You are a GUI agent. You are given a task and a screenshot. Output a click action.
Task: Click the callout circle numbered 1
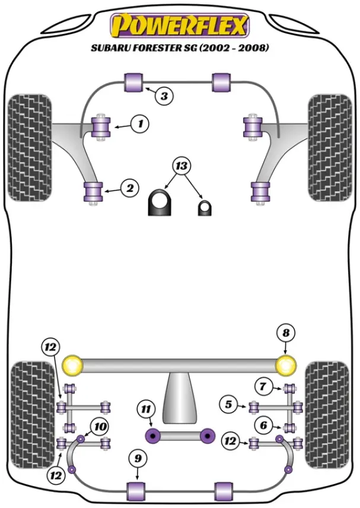(x=141, y=124)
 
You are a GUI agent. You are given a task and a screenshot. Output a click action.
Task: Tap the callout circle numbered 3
(x=165, y=95)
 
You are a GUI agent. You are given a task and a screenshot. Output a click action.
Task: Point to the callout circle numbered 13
(x=183, y=165)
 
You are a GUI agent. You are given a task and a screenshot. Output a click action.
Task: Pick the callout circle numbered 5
(x=228, y=405)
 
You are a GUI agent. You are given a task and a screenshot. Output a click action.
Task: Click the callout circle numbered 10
(x=100, y=426)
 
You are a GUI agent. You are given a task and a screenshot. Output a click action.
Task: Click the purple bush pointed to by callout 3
(x=134, y=82)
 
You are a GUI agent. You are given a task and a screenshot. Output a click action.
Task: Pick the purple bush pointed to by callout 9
(x=137, y=490)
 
